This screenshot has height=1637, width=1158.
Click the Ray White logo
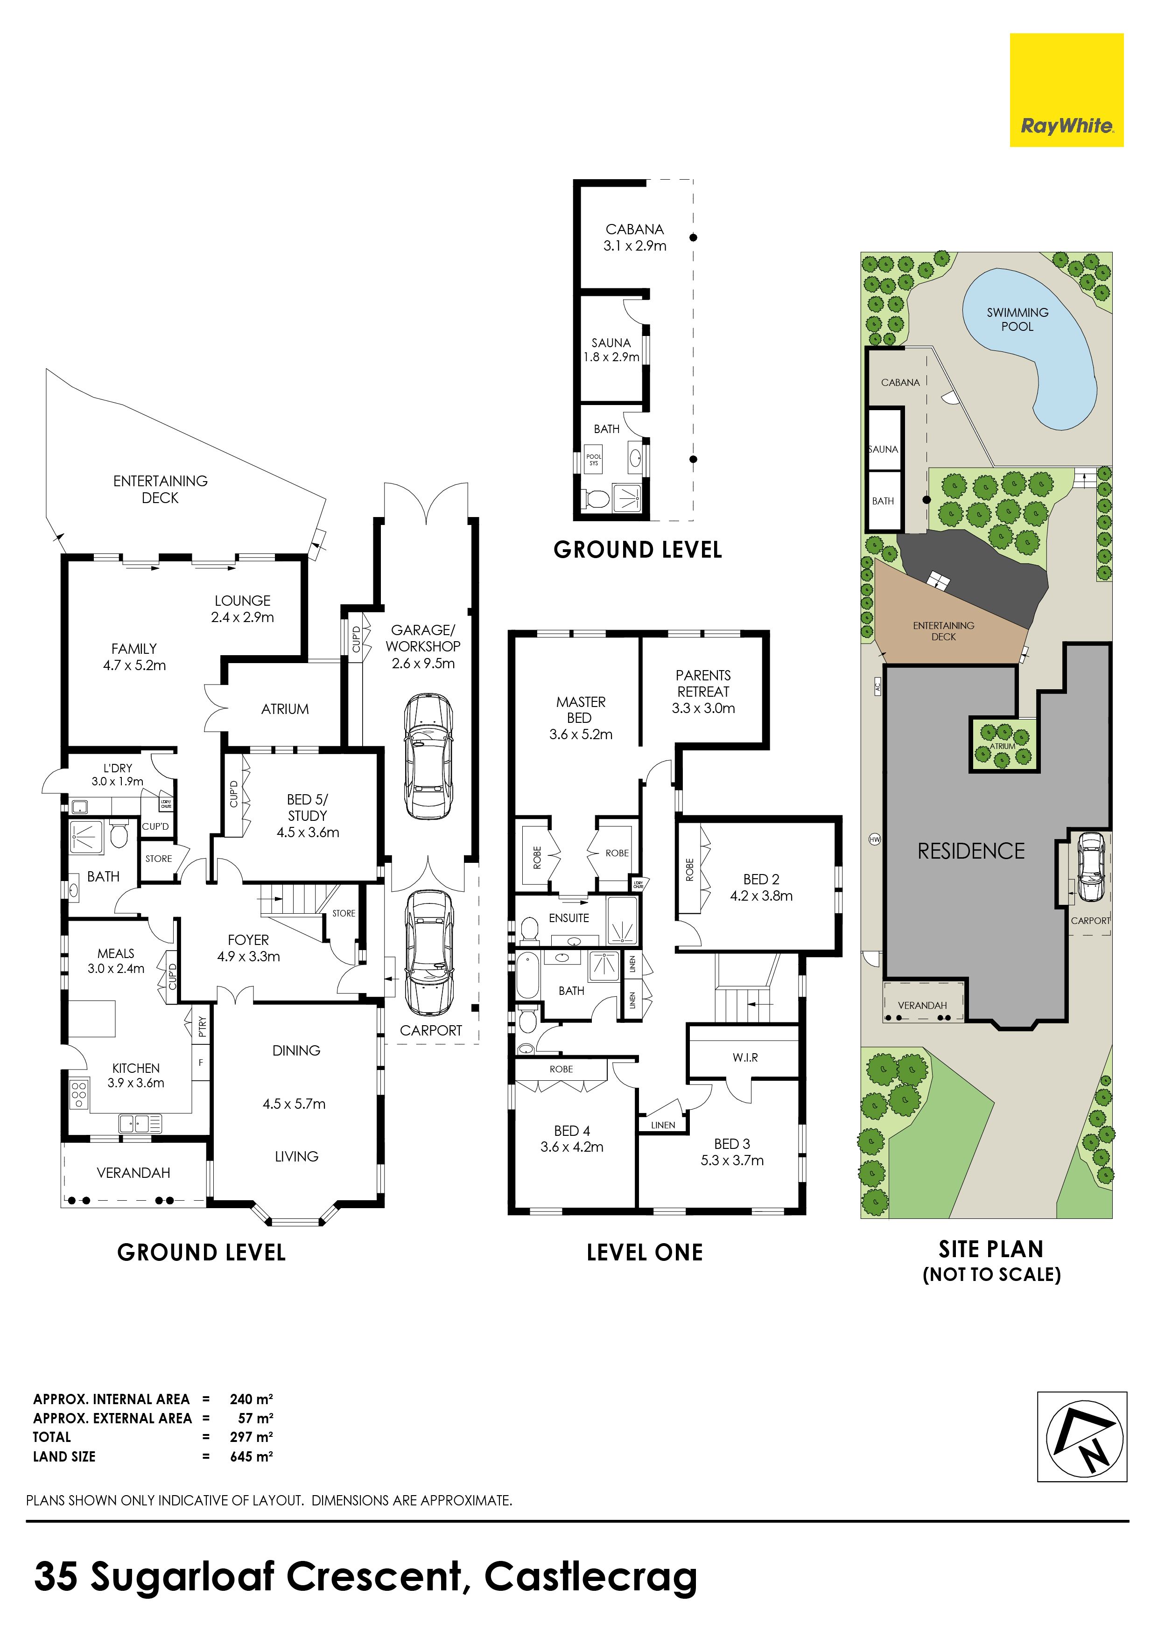coord(1066,90)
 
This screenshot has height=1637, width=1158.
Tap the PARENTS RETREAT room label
coord(703,683)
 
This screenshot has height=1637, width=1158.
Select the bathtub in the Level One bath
coord(528,974)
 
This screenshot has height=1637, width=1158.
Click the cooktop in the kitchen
coord(78,1095)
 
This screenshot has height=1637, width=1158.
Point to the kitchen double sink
coord(140,1124)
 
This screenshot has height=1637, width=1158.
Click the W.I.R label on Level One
coord(745,1057)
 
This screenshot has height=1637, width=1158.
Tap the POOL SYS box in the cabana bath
coord(593,460)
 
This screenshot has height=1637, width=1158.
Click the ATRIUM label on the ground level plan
coord(285,709)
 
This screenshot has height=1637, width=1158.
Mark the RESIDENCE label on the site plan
coord(971,851)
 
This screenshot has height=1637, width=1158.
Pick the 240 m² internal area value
coord(252,1399)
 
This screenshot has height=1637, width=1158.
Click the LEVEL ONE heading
coord(645,1252)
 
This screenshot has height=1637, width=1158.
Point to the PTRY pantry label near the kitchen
coord(203,1026)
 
